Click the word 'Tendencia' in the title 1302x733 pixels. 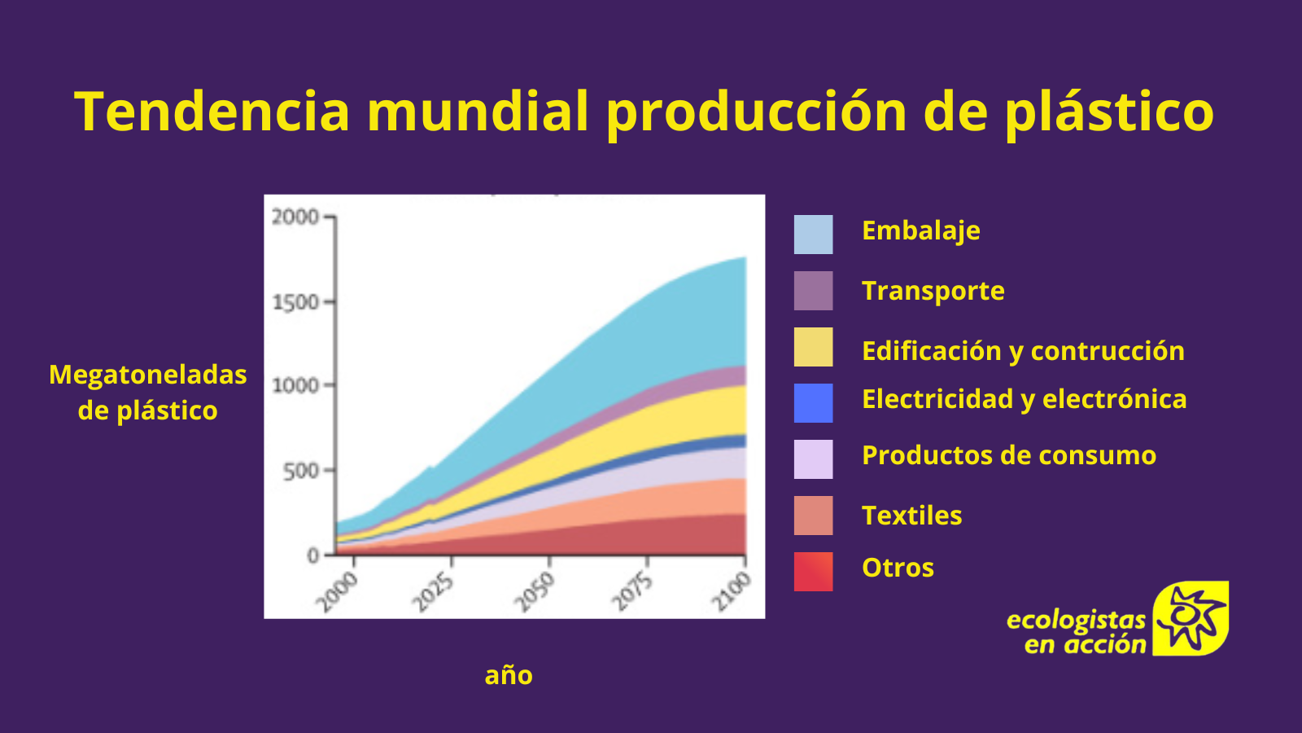(x=212, y=111)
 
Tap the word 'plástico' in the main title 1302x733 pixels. (x=1109, y=114)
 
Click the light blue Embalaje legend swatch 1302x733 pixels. (x=813, y=235)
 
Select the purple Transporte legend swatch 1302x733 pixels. (x=813, y=290)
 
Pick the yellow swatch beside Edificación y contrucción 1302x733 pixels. (x=813, y=347)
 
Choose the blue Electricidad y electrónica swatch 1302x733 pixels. (x=813, y=402)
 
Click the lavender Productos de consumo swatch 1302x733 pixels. (x=813, y=459)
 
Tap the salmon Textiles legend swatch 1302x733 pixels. (x=813, y=516)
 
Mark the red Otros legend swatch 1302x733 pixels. (x=813, y=571)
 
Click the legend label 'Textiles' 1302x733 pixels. (x=912, y=516)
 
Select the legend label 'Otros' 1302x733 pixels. (x=898, y=568)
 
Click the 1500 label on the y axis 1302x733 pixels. (x=295, y=302)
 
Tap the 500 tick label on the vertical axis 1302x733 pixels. (x=300, y=470)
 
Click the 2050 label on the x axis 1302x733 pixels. (x=535, y=591)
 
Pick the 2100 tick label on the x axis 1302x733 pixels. (x=732, y=591)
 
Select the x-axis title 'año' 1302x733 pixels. (x=509, y=675)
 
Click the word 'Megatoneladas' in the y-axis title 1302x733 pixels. (x=147, y=375)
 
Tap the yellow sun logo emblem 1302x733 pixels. (x=1191, y=618)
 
